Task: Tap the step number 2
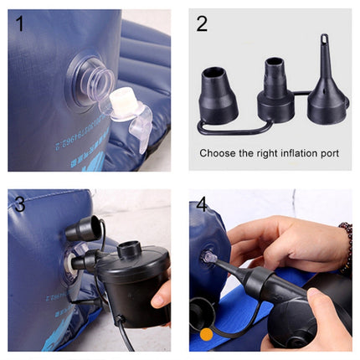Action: pos(202,23)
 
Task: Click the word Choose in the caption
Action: pos(217,153)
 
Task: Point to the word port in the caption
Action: pos(329,153)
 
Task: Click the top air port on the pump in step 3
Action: pos(130,250)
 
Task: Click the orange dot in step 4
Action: pos(206,335)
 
